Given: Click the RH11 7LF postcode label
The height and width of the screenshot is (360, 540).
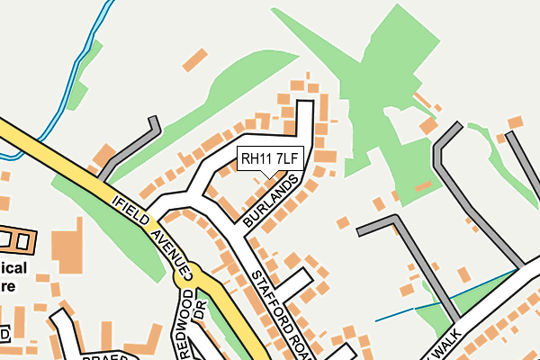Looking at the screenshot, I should pyautogui.click(x=267, y=159).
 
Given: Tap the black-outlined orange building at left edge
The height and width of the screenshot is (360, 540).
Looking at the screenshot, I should pyautogui.click(x=18, y=239).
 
